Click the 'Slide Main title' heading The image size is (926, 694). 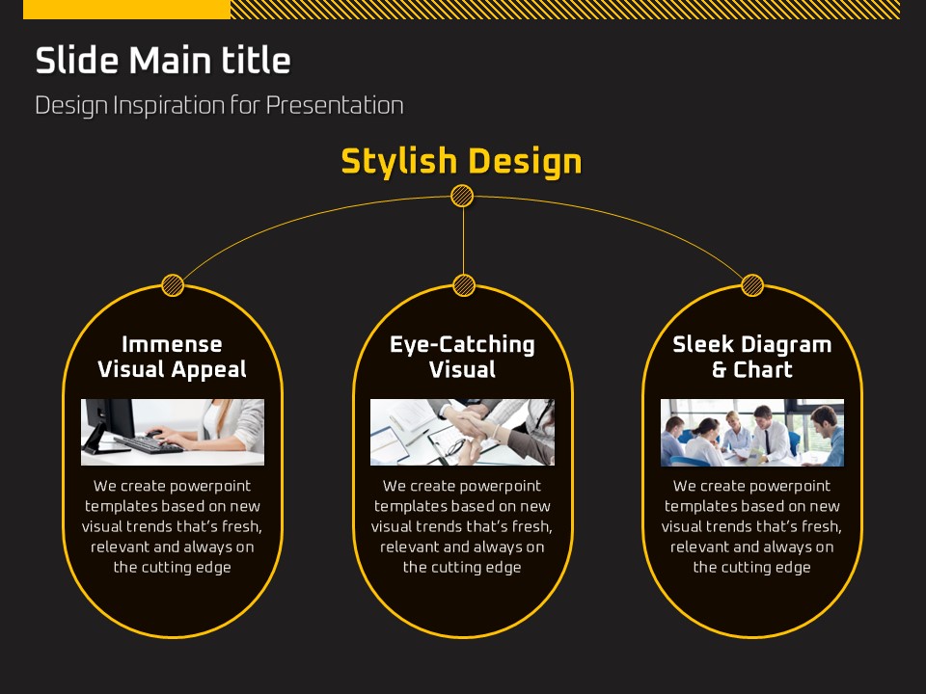[163, 60]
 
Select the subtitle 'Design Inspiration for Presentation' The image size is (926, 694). [219, 106]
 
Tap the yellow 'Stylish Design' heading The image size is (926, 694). [462, 162]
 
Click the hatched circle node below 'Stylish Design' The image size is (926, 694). [462, 196]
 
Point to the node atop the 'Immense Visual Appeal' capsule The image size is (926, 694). [173, 285]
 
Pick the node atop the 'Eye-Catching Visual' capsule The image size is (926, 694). [464, 285]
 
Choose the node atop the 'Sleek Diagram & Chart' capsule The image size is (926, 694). [751, 285]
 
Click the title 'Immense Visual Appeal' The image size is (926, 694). [172, 357]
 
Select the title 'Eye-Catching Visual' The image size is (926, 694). [462, 357]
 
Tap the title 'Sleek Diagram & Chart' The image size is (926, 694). [751, 357]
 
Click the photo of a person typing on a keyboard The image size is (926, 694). [173, 432]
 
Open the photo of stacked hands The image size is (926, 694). [462, 432]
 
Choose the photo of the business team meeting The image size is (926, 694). [751, 433]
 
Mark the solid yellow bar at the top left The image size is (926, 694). [127, 10]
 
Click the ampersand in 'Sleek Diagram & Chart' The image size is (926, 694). [719, 370]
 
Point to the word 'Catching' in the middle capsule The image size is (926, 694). [487, 345]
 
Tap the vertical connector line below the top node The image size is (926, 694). [464, 241]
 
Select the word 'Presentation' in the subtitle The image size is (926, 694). [335, 106]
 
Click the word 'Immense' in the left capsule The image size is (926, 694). [172, 344]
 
